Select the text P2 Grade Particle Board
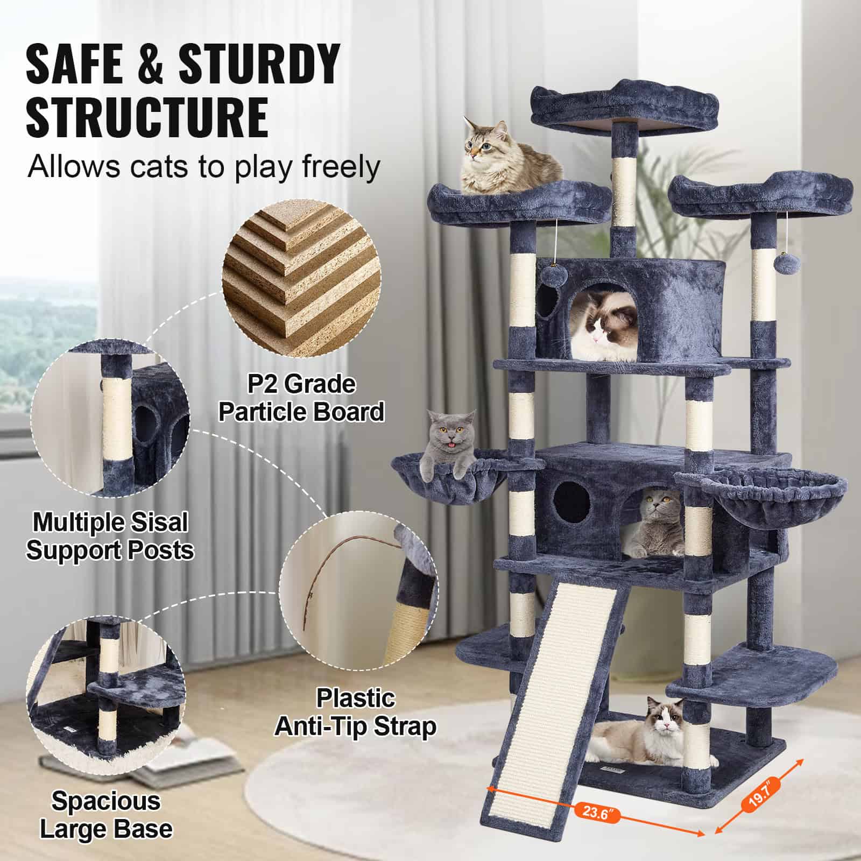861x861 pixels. pyautogui.click(x=301, y=398)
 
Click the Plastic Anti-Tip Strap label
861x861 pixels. pyautogui.click(x=355, y=712)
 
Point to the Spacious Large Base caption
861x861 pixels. pyautogui.click(x=106, y=815)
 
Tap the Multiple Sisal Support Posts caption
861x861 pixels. pyautogui.click(x=110, y=537)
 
